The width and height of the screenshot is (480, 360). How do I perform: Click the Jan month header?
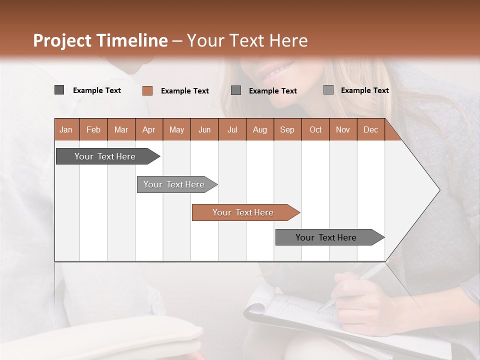pyautogui.click(x=66, y=129)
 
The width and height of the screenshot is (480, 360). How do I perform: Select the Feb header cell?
pyautogui.click(x=93, y=129)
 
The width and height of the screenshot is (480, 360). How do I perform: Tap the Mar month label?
pyautogui.click(x=121, y=129)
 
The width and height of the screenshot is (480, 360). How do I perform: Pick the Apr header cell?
pyautogui.click(x=149, y=129)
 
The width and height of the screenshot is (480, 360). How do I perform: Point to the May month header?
pyautogui.click(x=176, y=129)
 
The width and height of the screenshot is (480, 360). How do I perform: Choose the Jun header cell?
pyautogui.click(x=204, y=129)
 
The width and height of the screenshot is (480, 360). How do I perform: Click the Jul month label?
pyautogui.click(x=232, y=129)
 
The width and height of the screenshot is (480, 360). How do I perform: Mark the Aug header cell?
pyautogui.click(x=260, y=129)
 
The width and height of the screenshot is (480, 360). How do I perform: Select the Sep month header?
pyautogui.click(x=287, y=129)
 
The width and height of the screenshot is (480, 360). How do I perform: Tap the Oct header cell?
pyautogui.click(x=315, y=129)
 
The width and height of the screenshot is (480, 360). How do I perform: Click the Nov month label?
pyautogui.click(x=343, y=129)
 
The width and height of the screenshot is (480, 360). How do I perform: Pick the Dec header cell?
pyautogui.click(x=371, y=129)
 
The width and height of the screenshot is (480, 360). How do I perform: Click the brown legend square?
pyautogui.click(x=147, y=90)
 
